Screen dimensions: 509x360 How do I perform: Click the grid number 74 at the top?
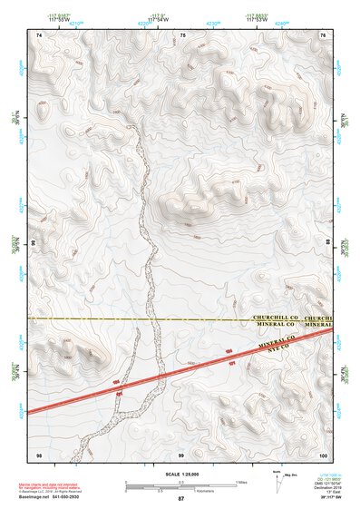click(38, 34)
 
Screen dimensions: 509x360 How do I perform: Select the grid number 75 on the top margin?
click(183, 34)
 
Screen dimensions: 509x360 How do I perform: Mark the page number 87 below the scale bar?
click(180, 499)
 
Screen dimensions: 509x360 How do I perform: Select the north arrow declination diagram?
click(279, 480)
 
